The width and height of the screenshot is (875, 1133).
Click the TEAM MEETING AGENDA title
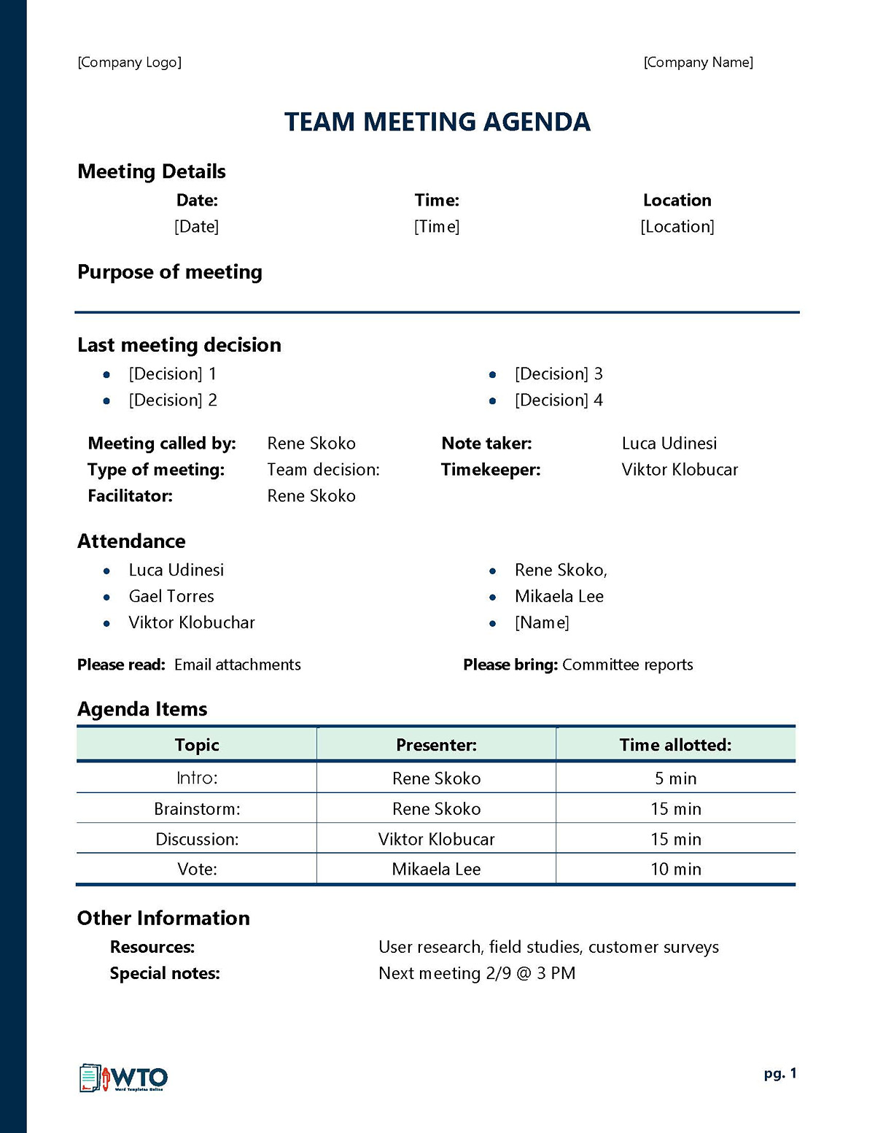coord(437,122)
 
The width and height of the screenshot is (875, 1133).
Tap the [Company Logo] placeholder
coord(129,62)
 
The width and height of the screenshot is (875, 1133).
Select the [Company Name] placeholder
coord(698,62)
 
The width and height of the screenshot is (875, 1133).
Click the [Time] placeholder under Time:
coord(437,227)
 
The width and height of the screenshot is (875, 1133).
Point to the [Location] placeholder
coord(677,227)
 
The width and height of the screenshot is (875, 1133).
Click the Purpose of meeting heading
coord(170,272)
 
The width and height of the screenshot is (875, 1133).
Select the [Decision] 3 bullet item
coord(558,374)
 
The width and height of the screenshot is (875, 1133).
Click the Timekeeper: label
coord(491,470)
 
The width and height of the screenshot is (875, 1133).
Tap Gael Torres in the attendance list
coord(171,597)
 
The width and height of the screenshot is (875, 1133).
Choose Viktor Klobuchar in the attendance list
coord(192,623)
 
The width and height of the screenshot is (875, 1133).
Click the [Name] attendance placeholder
coord(542,623)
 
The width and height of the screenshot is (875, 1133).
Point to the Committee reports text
coord(627,665)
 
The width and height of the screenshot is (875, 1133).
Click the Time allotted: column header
coord(675,745)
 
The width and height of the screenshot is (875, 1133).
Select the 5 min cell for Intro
coord(675,778)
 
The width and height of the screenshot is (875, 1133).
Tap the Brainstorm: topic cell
coord(197,809)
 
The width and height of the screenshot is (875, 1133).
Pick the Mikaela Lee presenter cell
coord(436,870)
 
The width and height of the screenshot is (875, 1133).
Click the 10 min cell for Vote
coord(675,870)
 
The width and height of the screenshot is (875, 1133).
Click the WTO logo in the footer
coord(123,1078)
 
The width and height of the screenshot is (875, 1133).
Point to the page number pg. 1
coord(780,1074)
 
